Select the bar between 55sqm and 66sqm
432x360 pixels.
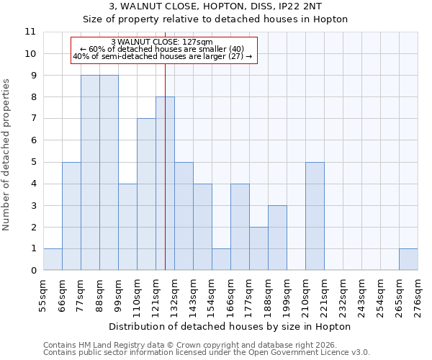point(53,259)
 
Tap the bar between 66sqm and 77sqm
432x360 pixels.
point(71,216)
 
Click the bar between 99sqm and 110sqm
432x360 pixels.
point(127,227)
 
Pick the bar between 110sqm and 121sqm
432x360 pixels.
point(146,194)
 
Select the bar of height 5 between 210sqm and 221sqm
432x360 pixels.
point(315,216)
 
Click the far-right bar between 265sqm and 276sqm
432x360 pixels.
point(408,259)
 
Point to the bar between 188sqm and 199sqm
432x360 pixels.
point(277,238)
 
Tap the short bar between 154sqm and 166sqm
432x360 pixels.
point(221,259)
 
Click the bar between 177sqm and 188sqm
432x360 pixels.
point(258,248)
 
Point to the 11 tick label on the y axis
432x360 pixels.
point(30,32)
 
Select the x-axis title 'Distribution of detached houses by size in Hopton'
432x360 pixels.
point(230,326)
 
